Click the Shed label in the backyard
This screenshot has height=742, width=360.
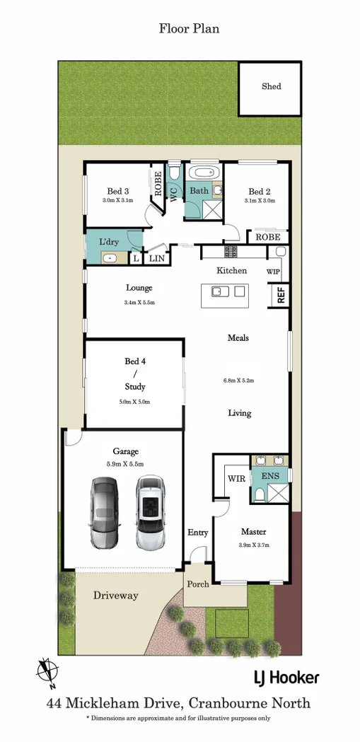tap(271, 86)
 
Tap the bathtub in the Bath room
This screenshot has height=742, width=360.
tap(204, 173)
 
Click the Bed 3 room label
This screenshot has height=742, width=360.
tap(118, 191)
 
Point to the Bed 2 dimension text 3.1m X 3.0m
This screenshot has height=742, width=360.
tap(259, 201)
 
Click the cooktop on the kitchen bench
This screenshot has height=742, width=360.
tap(231, 252)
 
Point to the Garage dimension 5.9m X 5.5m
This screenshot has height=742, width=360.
tap(125, 464)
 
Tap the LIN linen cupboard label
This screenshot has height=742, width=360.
tap(156, 260)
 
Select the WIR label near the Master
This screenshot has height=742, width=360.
tap(236, 479)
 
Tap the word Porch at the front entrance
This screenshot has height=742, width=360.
tap(197, 584)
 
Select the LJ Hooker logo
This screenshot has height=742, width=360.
tap(286, 678)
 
